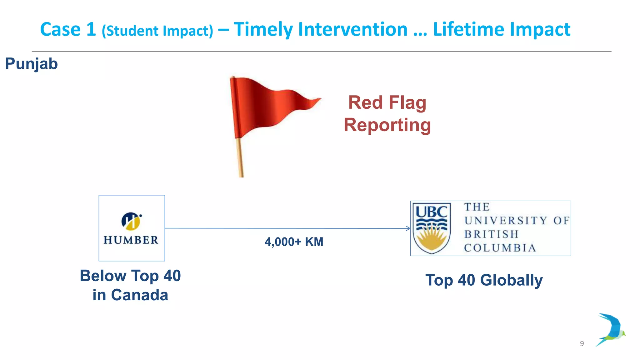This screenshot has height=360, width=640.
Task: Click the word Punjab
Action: (x=32, y=64)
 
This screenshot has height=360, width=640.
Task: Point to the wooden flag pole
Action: (x=240, y=159)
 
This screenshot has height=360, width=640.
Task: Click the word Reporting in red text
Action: (x=387, y=125)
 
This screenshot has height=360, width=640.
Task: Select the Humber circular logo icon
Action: (x=131, y=221)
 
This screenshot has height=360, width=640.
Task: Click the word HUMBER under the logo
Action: (x=131, y=240)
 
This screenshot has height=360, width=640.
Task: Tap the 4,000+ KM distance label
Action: (x=294, y=242)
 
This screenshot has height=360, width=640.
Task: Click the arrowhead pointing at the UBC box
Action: (x=408, y=228)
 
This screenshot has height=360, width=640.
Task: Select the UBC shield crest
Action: (x=432, y=228)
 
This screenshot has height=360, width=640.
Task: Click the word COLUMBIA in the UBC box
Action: (x=500, y=248)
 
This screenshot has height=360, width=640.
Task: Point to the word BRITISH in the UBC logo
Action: (x=491, y=234)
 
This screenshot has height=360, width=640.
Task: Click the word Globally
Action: (x=511, y=280)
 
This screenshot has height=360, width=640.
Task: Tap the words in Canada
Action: (x=130, y=295)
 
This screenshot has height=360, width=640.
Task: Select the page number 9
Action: (x=582, y=343)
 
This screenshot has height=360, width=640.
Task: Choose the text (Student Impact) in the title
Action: (x=157, y=31)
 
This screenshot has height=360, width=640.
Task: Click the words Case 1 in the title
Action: (x=68, y=29)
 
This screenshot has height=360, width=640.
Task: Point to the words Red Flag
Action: (x=387, y=102)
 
